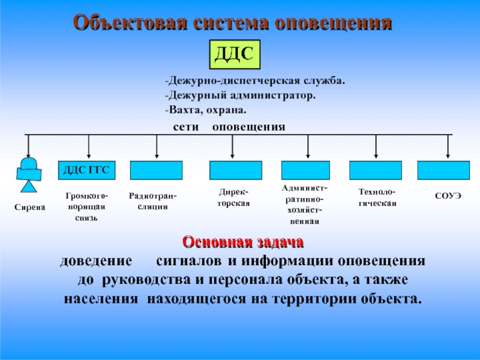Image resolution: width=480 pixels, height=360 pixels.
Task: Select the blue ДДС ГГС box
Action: click(x=86, y=170)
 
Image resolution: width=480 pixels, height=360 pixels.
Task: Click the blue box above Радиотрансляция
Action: click(x=156, y=170)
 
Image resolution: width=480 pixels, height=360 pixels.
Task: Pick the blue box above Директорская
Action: click(x=235, y=170)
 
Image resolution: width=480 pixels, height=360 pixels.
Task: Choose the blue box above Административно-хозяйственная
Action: click(x=305, y=170)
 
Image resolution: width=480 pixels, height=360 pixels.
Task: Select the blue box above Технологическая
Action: click(x=376, y=170)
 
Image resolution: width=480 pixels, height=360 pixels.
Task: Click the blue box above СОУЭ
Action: click(x=443, y=170)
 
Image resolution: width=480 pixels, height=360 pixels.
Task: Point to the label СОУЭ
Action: click(x=448, y=196)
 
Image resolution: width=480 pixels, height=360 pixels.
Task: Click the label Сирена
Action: click(x=29, y=207)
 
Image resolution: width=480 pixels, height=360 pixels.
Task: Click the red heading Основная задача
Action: click(x=243, y=243)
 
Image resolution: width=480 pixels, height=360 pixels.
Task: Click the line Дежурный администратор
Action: click(x=240, y=95)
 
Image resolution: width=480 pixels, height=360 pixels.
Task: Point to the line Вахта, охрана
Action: click(x=206, y=110)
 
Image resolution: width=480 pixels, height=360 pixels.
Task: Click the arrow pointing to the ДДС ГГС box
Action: click(x=89, y=147)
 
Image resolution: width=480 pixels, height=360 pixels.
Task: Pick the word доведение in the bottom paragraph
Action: click(x=95, y=263)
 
